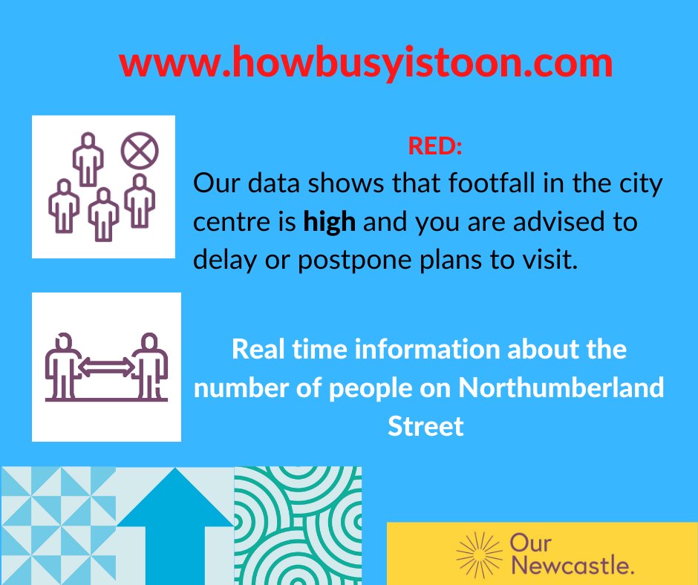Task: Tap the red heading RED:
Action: pyautogui.click(x=435, y=146)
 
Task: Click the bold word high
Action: pyautogui.click(x=330, y=221)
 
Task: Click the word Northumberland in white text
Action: pyautogui.click(x=561, y=388)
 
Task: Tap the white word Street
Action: pyautogui.click(x=425, y=426)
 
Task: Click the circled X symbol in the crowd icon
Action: pyautogui.click(x=139, y=151)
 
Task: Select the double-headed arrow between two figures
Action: pyautogui.click(x=106, y=366)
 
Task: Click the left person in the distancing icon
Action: pyautogui.click(x=62, y=365)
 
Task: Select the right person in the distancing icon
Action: pyautogui.click(x=150, y=365)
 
